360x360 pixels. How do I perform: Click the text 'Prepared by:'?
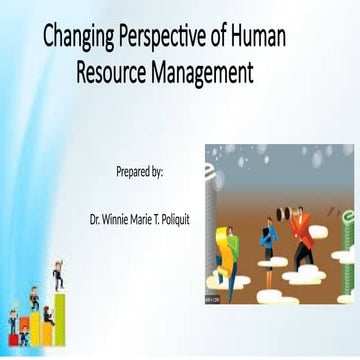pyautogui.click(x=140, y=172)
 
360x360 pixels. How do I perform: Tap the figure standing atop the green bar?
pyautogui.click(x=59, y=272)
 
